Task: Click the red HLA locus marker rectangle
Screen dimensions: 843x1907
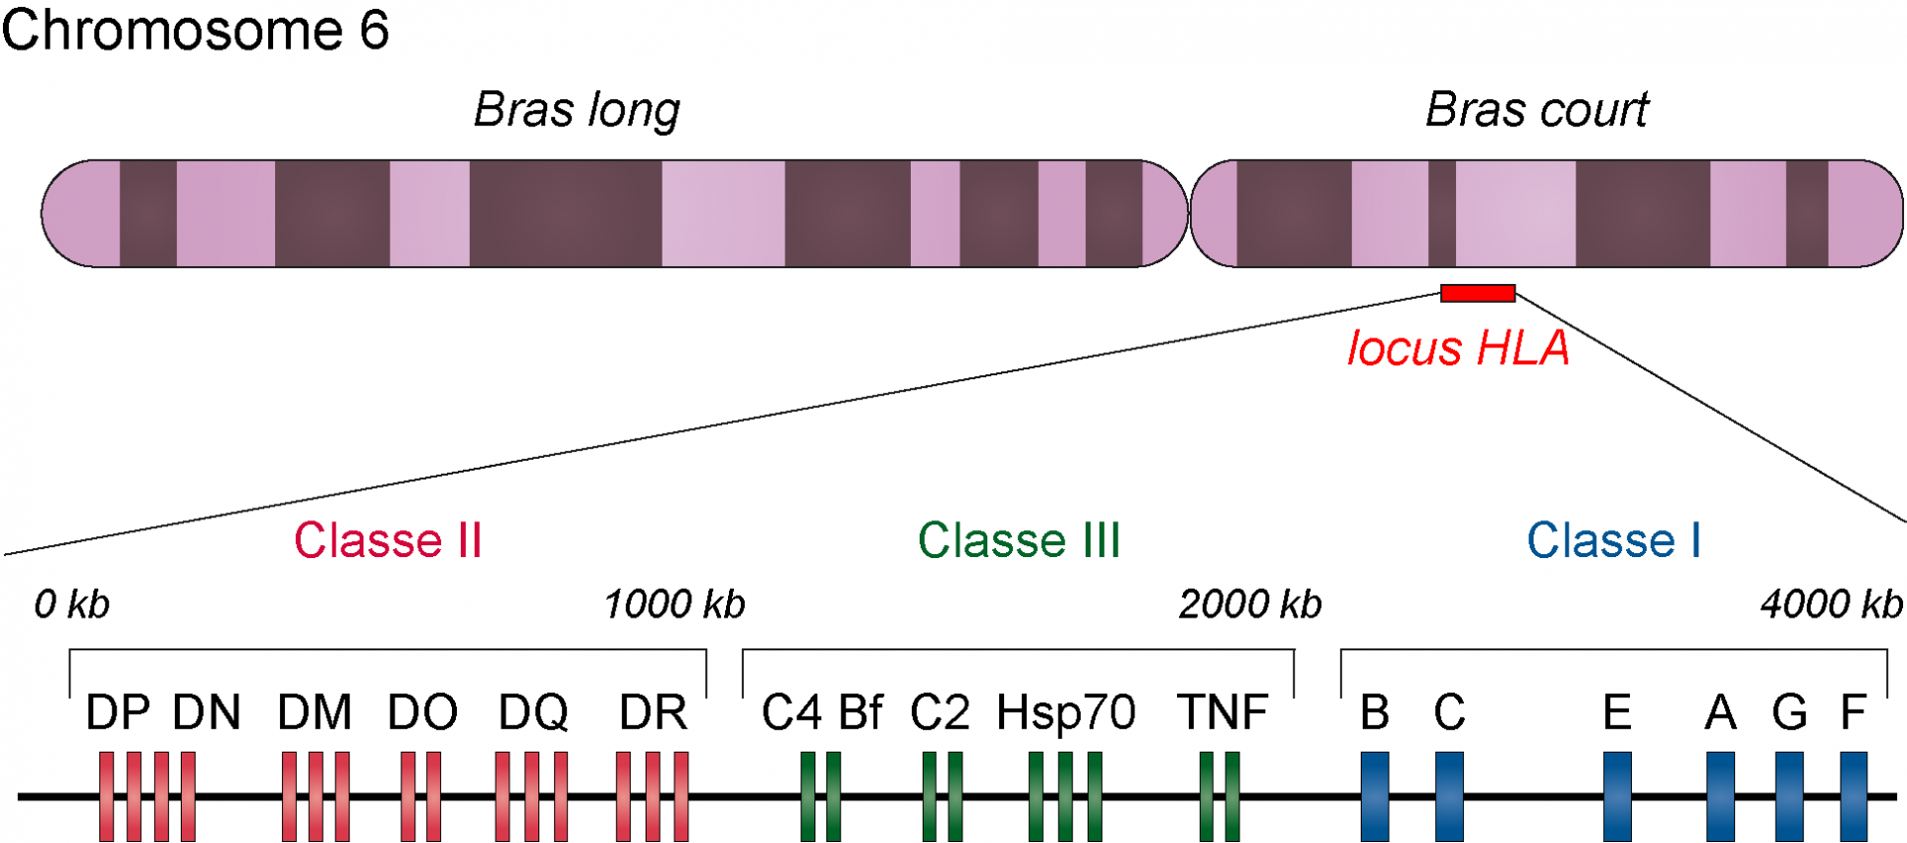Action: [x=1478, y=293]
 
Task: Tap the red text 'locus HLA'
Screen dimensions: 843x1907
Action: [x=1458, y=349]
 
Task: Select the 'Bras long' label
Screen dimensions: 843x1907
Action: [x=577, y=110]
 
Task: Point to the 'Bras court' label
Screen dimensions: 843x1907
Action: [x=1537, y=110]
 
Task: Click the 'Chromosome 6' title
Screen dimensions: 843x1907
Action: [x=195, y=30]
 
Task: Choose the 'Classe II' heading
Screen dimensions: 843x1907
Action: [x=387, y=541]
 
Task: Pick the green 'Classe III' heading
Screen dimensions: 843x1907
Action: [x=1019, y=541]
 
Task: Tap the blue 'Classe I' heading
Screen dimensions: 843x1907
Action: [x=1613, y=541]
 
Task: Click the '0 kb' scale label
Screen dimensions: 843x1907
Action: [x=72, y=604]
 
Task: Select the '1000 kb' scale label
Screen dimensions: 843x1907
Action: [x=674, y=604]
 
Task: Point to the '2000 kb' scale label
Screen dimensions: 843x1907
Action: [x=1249, y=604]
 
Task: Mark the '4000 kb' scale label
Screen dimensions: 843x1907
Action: [x=1831, y=604]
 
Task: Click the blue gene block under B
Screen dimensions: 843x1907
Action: [x=1375, y=796]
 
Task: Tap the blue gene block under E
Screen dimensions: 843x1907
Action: [x=1617, y=796]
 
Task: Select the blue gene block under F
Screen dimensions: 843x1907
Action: [x=1853, y=796]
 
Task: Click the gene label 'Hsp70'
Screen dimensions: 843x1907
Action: [x=1066, y=713]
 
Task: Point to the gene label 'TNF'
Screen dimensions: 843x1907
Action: [x=1223, y=713]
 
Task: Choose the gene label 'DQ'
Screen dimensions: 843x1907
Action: [x=533, y=713]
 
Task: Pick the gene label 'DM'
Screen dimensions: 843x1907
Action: [x=315, y=713]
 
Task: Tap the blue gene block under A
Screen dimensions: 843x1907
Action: [x=1720, y=796]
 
